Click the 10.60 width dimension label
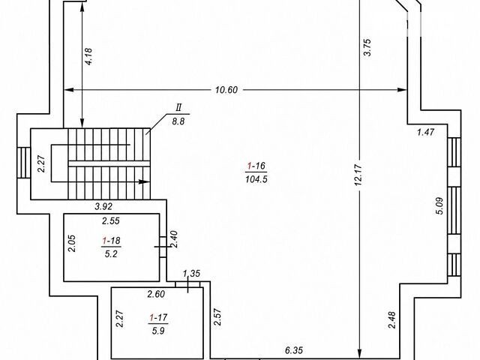(226, 90)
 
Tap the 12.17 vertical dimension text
(358, 175)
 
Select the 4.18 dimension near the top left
(88, 57)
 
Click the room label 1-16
(256, 166)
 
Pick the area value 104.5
(256, 179)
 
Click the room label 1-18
(111, 241)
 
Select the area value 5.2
(111, 253)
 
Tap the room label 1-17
(158, 318)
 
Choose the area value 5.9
(158, 331)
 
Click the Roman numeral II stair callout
(178, 108)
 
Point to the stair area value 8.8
(178, 121)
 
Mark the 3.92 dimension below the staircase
(103, 207)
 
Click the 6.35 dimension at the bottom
(293, 350)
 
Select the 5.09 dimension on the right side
(439, 206)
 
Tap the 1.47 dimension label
(426, 132)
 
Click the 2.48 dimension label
(392, 320)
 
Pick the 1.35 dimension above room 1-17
(191, 273)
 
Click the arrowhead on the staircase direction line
(144, 181)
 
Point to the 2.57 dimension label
(217, 316)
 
